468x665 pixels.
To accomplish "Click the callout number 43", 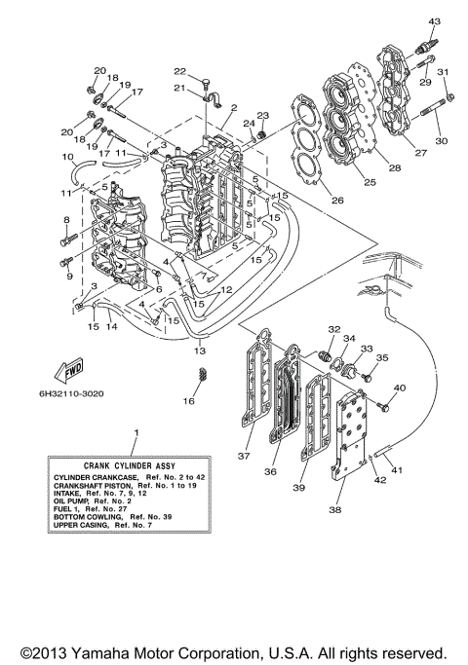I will click(x=435, y=21).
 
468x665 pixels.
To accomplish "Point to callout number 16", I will click(x=189, y=400).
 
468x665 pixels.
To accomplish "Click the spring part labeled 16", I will click(x=202, y=375).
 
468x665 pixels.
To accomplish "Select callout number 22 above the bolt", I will click(x=179, y=71).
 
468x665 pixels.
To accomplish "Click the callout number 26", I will click(x=337, y=201).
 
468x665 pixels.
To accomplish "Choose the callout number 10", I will click(x=67, y=157).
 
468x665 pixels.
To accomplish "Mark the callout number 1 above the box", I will click(x=136, y=430).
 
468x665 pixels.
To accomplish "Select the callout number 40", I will click(x=400, y=388).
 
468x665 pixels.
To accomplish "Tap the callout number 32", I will click(x=334, y=329).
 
